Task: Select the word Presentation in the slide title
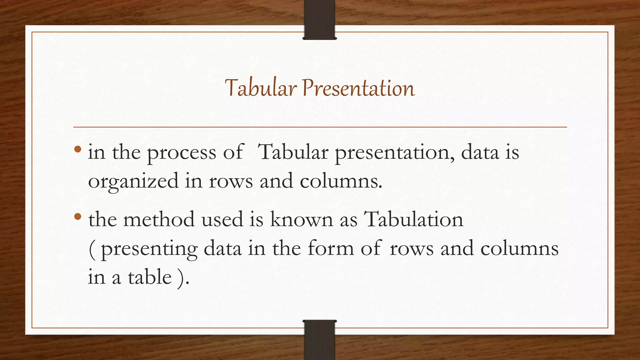click(358, 88)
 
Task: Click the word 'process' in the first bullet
click(181, 153)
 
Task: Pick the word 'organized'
click(133, 182)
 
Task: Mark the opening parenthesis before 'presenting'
click(92, 249)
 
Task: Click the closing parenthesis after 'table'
click(181, 277)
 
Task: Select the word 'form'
click(331, 248)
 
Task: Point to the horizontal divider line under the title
click(320, 127)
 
